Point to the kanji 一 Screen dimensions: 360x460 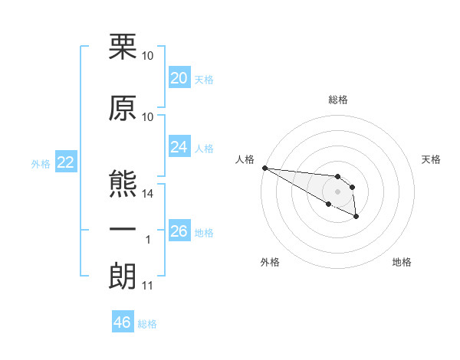point(123,231)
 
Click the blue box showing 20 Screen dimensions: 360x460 point(179,78)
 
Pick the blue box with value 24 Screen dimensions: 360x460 point(179,147)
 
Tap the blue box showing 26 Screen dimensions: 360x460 point(179,231)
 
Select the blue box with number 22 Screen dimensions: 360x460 point(65,162)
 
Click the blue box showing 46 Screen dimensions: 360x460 point(122,322)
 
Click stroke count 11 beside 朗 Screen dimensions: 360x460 point(148,286)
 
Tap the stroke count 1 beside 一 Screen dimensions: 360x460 point(149,240)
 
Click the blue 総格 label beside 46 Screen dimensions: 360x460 point(147,324)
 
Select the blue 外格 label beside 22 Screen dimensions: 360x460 point(41,163)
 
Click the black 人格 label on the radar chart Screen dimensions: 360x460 point(245,159)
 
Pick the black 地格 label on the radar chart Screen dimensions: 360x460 point(402,262)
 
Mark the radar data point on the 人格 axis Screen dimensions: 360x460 point(264,168)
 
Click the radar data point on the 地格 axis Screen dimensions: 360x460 point(357,218)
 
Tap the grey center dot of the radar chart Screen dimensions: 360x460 point(337,191)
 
